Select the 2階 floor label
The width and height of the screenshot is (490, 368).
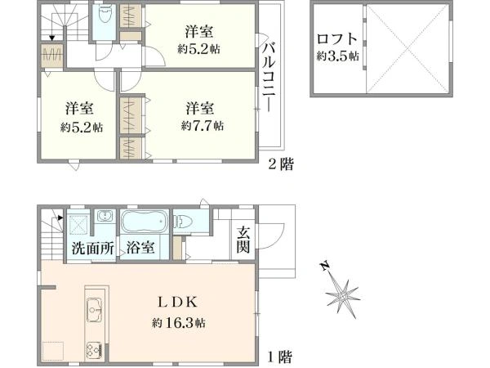click(281, 164)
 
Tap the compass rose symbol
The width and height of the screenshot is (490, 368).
click(342, 291)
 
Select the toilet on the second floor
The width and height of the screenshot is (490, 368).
click(104, 20)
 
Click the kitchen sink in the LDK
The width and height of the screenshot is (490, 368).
click(92, 311)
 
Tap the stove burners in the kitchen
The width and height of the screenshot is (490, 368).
click(92, 349)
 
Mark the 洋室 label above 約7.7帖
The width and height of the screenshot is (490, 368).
click(199, 107)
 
